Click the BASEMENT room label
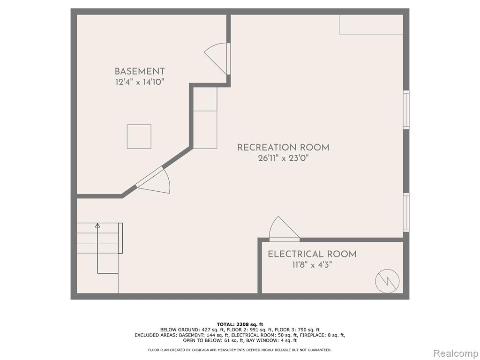(x=140, y=71)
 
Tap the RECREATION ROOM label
(x=284, y=148)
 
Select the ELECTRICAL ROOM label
(x=312, y=254)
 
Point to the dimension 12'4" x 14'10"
(x=140, y=82)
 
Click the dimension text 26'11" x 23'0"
(x=284, y=158)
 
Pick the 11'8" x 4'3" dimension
(x=312, y=265)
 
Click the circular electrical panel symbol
(x=387, y=281)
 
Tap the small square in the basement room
(x=139, y=136)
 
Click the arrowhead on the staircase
(x=97, y=225)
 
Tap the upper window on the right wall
(x=406, y=110)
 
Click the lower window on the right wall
(x=406, y=212)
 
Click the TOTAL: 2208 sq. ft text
(x=240, y=324)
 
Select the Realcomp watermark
(x=455, y=353)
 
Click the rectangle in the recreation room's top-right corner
(x=371, y=25)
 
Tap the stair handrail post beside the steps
(x=120, y=238)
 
